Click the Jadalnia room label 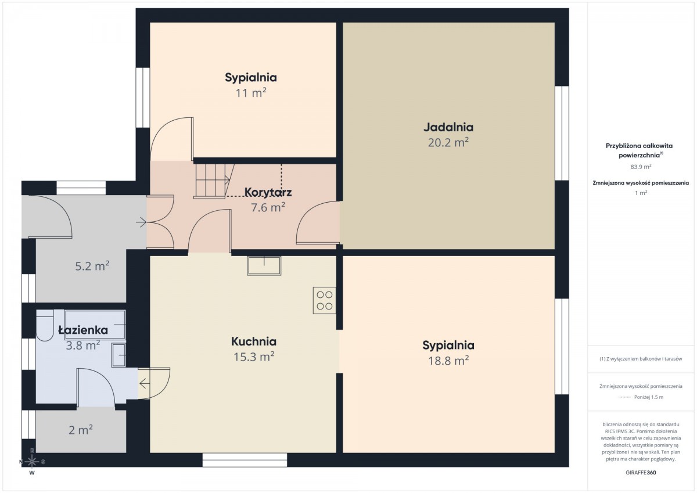(448, 127)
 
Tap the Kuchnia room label (254, 341)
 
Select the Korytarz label (268, 193)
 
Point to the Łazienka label (83, 330)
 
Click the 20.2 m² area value (448, 142)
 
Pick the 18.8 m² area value (448, 361)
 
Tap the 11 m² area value (251, 93)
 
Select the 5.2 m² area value (92, 266)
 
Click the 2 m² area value (81, 430)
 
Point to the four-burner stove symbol (324, 300)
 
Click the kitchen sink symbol (264, 265)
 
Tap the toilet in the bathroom (45, 326)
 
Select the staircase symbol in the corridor (214, 181)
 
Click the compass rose (32, 462)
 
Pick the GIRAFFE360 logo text (641, 473)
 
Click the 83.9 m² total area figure (641, 167)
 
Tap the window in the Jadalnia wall (562, 133)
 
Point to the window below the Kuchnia (245, 460)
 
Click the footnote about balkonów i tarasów (641, 359)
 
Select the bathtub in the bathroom (95, 325)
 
